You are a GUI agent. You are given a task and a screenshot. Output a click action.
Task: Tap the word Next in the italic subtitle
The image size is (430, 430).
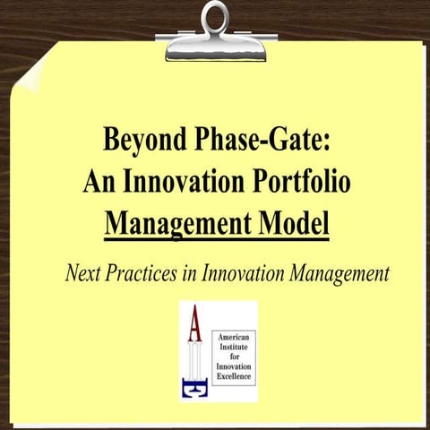(83, 274)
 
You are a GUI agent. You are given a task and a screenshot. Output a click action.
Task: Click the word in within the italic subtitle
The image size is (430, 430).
(193, 274)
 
